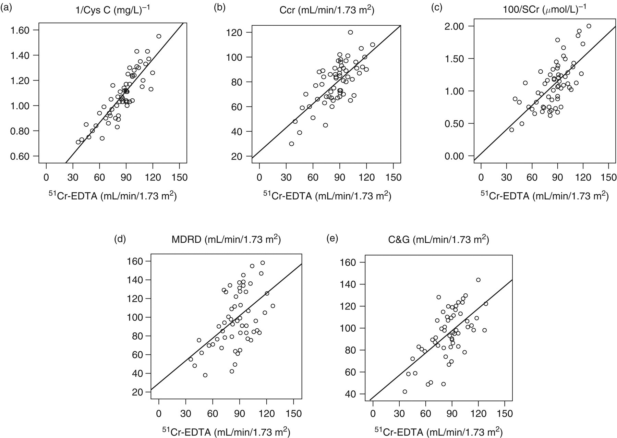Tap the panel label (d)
[x=120, y=240]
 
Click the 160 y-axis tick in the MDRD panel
[x=136, y=261]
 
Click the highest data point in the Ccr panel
[x=350, y=32]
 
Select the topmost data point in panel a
[x=159, y=36]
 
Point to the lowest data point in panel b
[x=291, y=144]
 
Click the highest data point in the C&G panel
[x=478, y=280]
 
